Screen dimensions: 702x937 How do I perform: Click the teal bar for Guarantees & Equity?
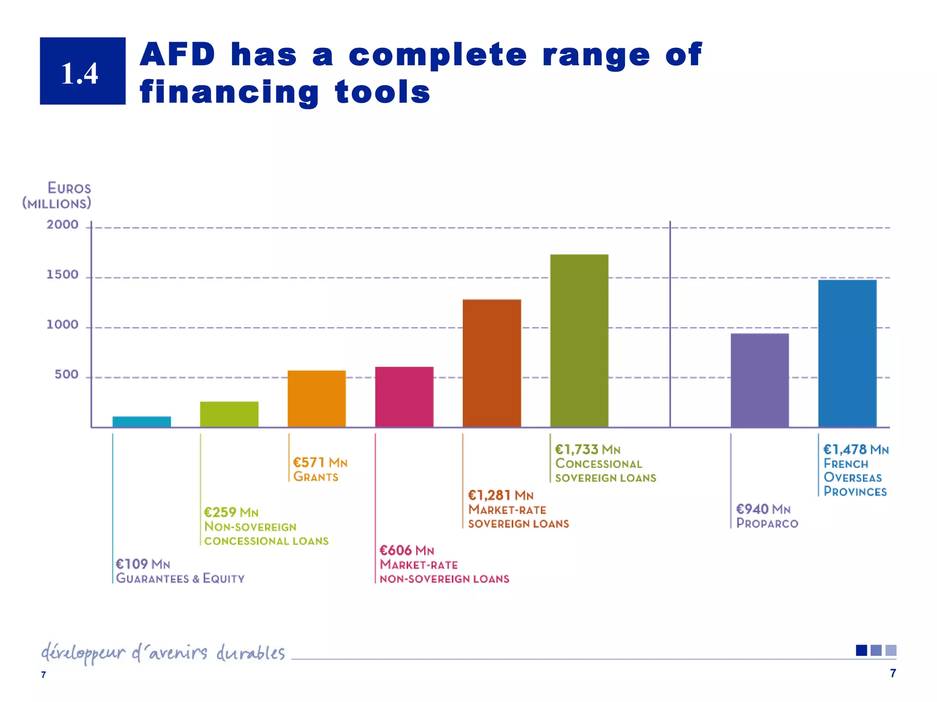(141, 421)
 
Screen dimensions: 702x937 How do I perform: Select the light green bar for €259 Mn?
(229, 414)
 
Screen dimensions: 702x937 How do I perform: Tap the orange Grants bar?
(316, 399)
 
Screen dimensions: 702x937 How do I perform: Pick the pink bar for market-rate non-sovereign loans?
(404, 397)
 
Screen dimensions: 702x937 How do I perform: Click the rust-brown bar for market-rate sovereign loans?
(491, 363)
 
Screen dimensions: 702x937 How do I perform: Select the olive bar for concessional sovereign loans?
(579, 340)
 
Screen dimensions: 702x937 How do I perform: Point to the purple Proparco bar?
(759, 380)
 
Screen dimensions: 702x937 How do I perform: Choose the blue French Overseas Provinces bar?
(847, 353)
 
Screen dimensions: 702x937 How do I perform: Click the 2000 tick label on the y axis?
(62, 225)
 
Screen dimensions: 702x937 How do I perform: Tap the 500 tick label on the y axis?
(66, 375)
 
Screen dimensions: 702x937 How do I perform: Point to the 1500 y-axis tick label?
(62, 275)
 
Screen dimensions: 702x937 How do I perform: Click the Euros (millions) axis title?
(57, 196)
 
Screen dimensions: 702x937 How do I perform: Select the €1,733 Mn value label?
(587, 450)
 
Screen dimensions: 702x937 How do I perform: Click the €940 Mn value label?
(763, 509)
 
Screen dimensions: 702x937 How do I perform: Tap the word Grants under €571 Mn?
(316, 477)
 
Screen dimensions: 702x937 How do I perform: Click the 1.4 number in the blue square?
(80, 73)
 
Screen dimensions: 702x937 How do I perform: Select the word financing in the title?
(229, 93)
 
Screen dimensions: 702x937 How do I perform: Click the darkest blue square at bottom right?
(861, 650)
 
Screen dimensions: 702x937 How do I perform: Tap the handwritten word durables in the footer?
(250, 653)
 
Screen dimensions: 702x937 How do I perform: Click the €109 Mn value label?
(143, 564)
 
